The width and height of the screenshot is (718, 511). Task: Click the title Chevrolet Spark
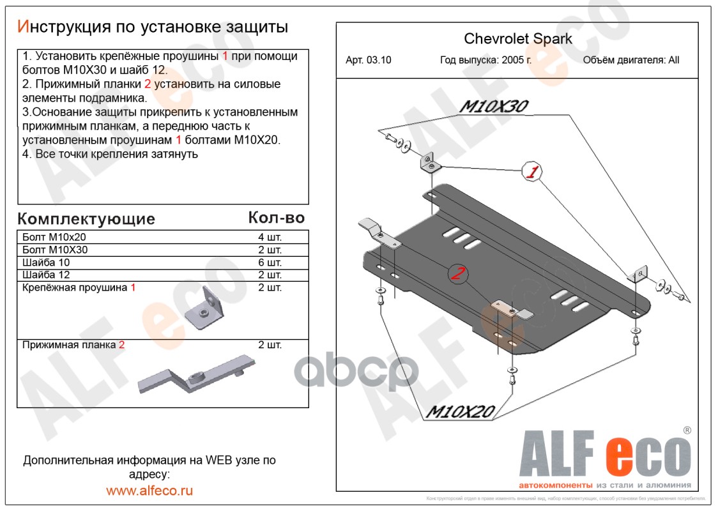[517, 39]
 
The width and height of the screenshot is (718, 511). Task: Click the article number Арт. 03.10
[369, 61]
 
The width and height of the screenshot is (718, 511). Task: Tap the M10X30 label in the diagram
[493, 107]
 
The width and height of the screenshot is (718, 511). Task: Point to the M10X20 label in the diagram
[460, 412]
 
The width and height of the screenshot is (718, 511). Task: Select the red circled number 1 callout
[532, 171]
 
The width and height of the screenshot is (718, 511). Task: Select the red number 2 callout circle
[457, 274]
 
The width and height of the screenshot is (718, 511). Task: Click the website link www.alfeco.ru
[149, 491]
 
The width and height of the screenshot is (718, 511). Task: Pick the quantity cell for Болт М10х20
[270, 237]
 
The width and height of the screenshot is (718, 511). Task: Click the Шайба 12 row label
[46, 275]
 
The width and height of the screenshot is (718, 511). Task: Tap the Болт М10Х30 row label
[55, 250]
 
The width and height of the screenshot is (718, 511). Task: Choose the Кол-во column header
[276, 218]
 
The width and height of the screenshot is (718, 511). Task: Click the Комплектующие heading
[86, 219]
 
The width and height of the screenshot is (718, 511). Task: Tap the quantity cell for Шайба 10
[270, 263]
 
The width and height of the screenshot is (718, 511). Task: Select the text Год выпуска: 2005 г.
[486, 61]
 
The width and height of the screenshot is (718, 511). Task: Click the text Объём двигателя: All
[631, 61]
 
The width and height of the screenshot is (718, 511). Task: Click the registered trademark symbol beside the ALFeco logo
[687, 431]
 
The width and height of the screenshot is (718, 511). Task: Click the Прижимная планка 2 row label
[73, 345]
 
